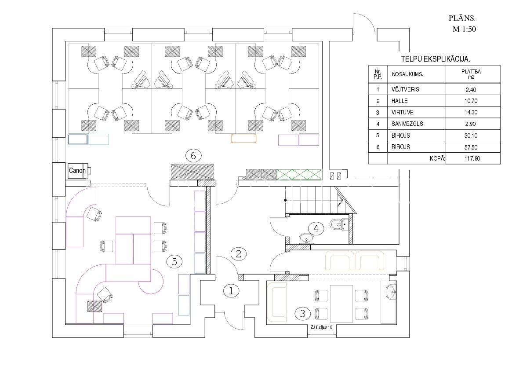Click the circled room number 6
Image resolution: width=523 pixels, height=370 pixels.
coord(193,155)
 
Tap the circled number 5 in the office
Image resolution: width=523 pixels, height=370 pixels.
coord(174,262)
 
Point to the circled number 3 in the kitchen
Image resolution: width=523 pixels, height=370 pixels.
coord(302,314)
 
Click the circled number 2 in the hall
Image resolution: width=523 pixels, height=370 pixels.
coord(239,253)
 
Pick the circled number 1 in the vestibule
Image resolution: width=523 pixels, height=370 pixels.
coord(231,290)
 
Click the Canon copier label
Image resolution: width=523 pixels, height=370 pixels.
coord(77,171)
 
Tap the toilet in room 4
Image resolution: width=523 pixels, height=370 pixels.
coord(337,224)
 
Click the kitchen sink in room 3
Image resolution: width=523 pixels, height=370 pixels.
coord(391,291)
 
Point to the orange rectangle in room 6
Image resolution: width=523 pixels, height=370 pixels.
coord(244,138)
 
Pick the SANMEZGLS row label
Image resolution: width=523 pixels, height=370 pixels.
coord(407,124)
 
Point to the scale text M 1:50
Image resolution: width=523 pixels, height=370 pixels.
coord(465,29)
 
